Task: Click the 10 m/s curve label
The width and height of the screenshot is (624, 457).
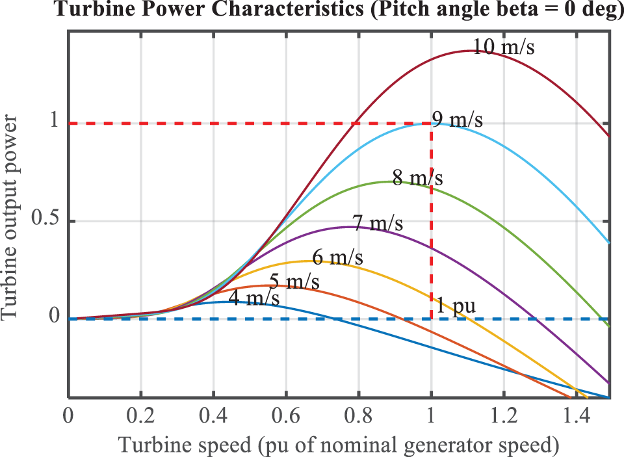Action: (x=503, y=47)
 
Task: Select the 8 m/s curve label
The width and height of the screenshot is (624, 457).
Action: (x=417, y=177)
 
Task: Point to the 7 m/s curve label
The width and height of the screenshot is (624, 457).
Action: (x=377, y=223)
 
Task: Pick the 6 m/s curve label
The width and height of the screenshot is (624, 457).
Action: (x=337, y=257)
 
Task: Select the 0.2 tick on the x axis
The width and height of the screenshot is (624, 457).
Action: (x=140, y=414)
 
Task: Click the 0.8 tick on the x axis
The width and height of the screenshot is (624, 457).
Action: (x=358, y=414)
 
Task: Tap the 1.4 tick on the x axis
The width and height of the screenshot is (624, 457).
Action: (x=576, y=414)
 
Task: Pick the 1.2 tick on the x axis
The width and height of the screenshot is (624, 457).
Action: (x=503, y=414)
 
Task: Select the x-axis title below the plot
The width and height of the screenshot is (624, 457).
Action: (x=338, y=444)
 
